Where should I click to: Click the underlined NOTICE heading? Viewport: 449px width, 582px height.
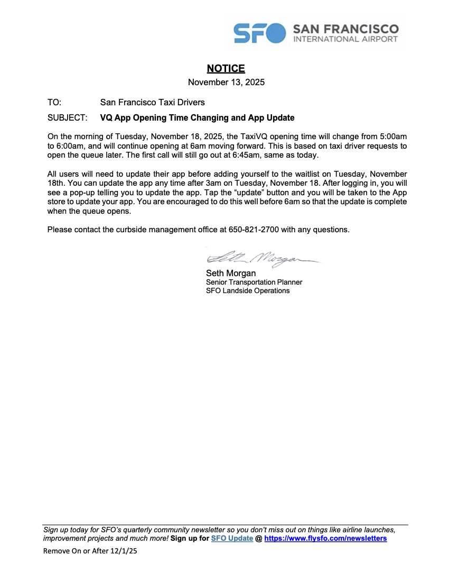[226, 68]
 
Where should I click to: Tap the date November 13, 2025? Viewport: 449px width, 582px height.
[226, 82]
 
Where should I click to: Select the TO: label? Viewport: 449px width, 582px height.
[54, 102]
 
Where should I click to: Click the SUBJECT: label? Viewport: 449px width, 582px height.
[67, 117]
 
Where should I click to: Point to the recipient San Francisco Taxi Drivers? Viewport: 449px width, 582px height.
[152, 102]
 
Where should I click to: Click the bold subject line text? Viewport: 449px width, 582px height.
[197, 117]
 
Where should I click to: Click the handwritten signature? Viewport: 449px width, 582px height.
[261, 258]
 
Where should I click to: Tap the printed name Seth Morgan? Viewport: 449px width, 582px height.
[231, 274]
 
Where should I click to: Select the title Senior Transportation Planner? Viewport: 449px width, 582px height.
[254, 282]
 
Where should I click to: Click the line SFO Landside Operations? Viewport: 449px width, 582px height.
[248, 290]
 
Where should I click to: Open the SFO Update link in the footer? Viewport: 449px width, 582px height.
[232, 539]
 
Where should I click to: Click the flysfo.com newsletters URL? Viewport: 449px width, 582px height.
[325, 539]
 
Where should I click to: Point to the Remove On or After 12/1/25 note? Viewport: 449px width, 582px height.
[90, 551]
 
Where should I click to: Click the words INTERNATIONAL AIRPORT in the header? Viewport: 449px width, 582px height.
[345, 39]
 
